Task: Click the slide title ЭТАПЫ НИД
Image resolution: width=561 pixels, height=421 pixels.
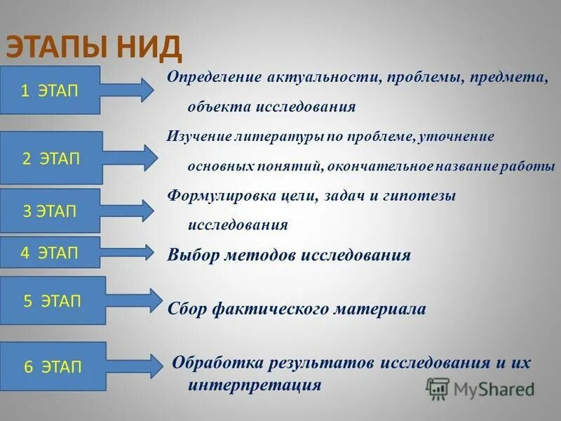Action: click(x=95, y=48)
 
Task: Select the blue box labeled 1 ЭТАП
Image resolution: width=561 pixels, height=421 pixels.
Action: click(x=50, y=90)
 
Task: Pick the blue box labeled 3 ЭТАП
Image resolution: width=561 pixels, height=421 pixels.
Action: click(x=50, y=210)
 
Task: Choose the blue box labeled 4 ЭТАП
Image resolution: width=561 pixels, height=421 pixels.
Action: click(x=50, y=253)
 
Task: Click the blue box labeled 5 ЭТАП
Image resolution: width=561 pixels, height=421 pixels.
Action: click(x=53, y=301)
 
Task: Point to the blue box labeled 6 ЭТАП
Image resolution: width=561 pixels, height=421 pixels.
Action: click(x=53, y=366)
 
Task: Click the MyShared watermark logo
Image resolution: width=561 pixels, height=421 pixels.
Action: click(x=481, y=389)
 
